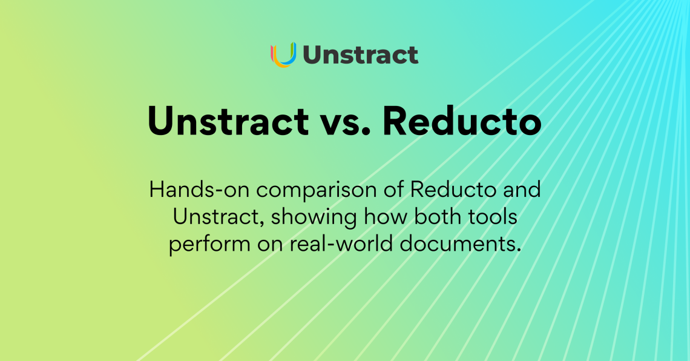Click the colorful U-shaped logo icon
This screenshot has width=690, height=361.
pos(283,55)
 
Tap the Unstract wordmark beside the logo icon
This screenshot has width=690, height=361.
pos(360,55)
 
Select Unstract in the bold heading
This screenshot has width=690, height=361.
pos(228,120)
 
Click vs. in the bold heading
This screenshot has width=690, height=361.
pos(345,124)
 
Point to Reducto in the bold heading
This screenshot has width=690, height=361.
pos(462,120)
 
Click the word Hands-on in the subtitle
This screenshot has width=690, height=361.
pos(199,190)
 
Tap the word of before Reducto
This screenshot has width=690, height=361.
pos(393,190)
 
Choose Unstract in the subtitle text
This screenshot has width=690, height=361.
pos(217,217)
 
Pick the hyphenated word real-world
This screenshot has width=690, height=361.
pos(341,243)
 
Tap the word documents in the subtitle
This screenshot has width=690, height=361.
pos(458,243)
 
